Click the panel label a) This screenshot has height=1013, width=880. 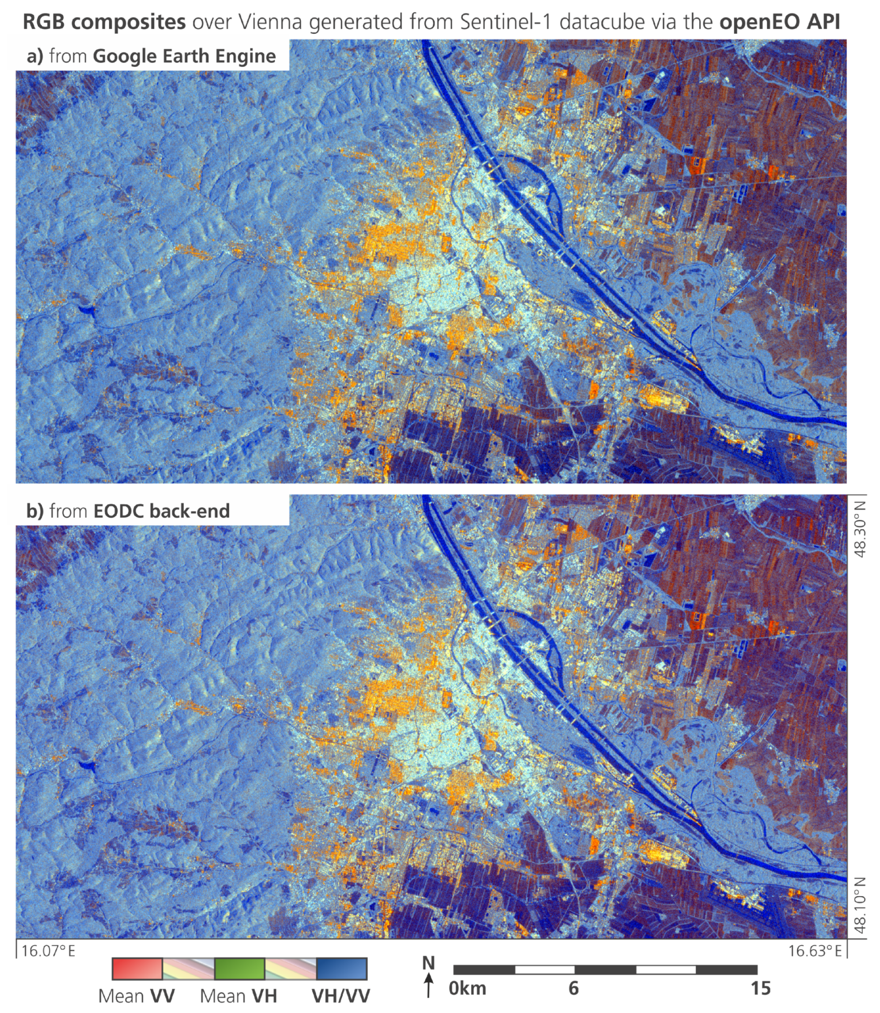35,56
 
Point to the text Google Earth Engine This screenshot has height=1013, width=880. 184,56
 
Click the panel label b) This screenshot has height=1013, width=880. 35,511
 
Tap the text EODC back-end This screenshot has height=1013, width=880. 161,511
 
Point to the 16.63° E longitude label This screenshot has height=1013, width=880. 815,951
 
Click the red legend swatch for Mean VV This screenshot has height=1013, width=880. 137,969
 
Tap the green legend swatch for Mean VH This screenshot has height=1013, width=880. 240,969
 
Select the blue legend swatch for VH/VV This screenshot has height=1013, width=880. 342,969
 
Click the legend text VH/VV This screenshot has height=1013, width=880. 341,996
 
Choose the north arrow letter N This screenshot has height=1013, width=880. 428,963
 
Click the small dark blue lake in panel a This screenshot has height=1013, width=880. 85,309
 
